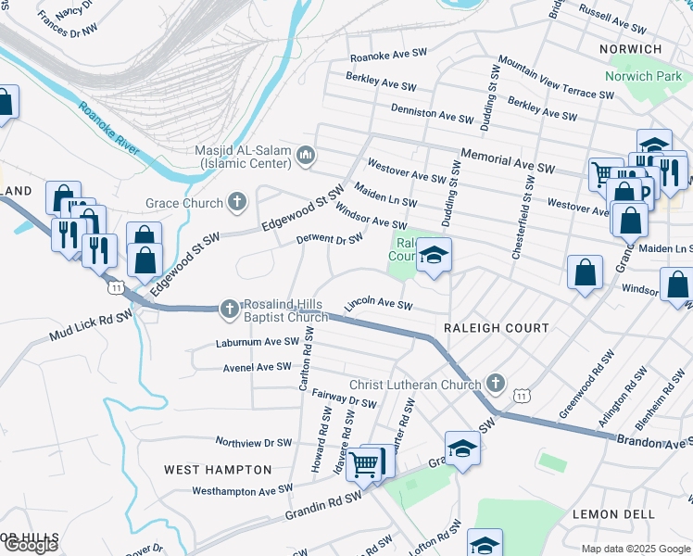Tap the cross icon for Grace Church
237,203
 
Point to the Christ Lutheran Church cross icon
496,384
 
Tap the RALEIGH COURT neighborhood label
496,328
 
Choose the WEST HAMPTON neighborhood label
218,470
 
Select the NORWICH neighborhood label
630,49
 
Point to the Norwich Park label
643,76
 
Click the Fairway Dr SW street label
343,399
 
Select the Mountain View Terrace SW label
556,77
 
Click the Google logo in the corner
31,545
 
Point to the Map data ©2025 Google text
634,549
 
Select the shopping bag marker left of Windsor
585,273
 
